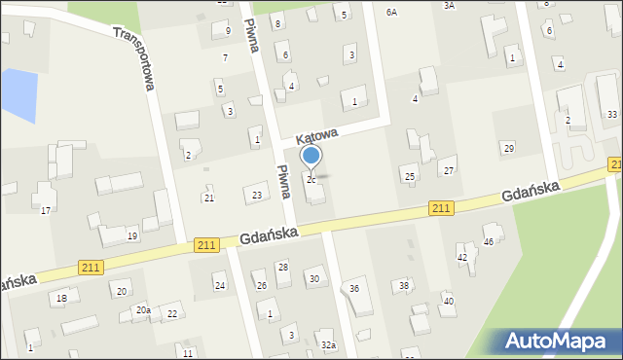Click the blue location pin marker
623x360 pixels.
[x=311, y=157]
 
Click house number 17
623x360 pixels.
[x=45, y=211]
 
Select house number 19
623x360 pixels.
[x=132, y=236]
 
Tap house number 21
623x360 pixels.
[x=208, y=198]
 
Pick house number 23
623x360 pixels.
[x=257, y=197]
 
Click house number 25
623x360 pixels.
[x=410, y=176]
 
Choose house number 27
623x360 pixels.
[x=449, y=171]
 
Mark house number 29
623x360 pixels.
[x=508, y=148]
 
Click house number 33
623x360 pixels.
[x=612, y=115]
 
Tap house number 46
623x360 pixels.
[x=489, y=241]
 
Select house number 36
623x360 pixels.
[x=354, y=289]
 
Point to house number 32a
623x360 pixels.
[x=329, y=345]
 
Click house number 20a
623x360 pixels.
[x=143, y=309]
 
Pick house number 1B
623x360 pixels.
[x=61, y=298]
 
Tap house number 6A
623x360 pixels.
[x=392, y=13]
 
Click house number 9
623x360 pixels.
[x=228, y=31]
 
